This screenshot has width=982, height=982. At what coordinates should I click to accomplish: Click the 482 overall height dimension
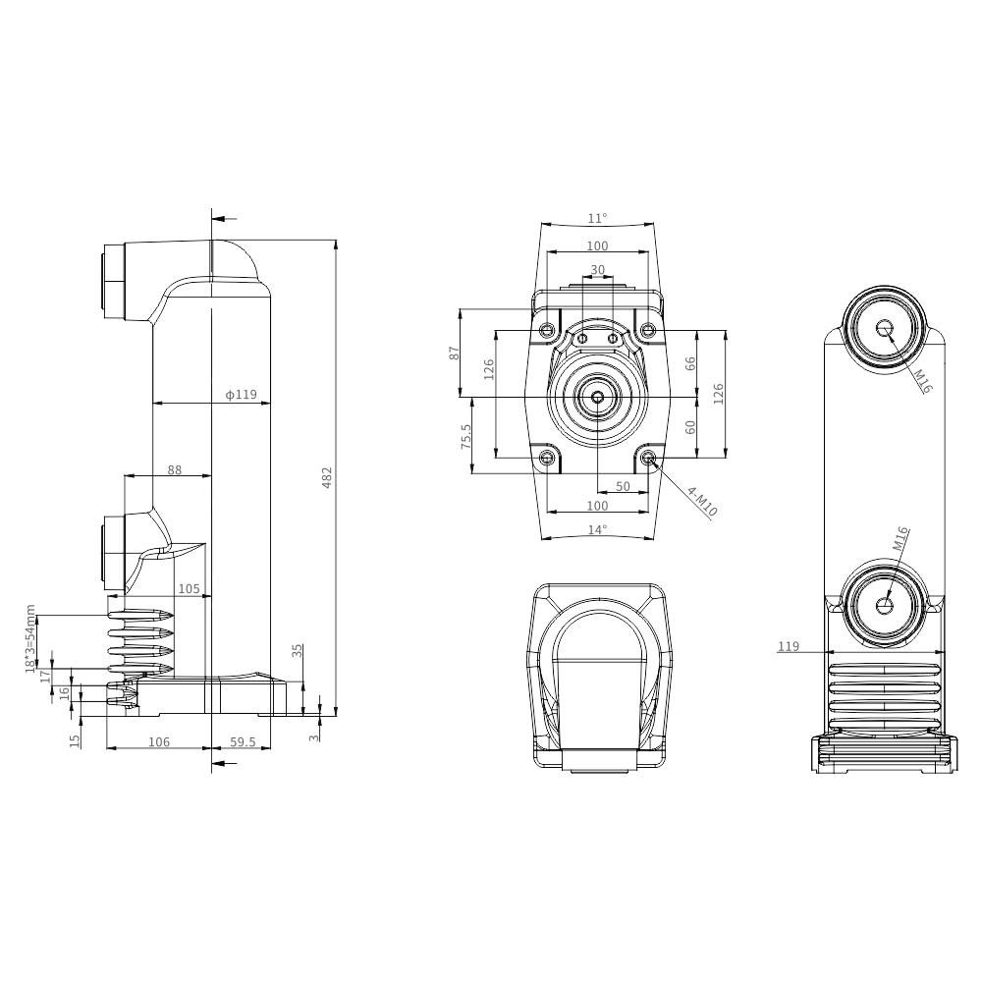[326, 477]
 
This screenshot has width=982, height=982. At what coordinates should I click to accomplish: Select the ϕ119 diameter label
[242, 395]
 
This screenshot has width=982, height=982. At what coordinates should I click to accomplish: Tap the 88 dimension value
[175, 469]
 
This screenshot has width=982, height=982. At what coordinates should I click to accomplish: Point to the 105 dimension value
[190, 588]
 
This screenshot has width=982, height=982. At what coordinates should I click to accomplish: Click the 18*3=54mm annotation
[30, 639]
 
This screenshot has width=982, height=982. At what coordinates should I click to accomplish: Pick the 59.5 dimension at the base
[243, 742]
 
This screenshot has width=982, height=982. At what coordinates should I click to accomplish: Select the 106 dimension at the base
[159, 742]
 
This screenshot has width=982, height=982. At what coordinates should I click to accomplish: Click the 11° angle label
[597, 219]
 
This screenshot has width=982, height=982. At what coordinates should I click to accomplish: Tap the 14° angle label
[597, 530]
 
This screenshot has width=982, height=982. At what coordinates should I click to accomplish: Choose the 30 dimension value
[598, 270]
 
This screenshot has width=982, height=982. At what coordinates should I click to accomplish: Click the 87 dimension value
[456, 354]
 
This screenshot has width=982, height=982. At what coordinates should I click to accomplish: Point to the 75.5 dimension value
[465, 436]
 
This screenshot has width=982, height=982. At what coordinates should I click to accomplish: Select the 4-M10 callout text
[702, 502]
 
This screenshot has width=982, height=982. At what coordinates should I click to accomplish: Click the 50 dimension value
[624, 487]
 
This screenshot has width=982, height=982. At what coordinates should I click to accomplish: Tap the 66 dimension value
[690, 364]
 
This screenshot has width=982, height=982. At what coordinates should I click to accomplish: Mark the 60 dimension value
[690, 427]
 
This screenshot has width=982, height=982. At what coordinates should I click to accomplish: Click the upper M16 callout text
[922, 381]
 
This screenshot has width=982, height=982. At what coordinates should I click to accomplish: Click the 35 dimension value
[298, 650]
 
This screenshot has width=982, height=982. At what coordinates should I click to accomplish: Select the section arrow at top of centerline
[224, 219]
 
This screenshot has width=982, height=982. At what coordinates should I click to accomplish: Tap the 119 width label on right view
[789, 646]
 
